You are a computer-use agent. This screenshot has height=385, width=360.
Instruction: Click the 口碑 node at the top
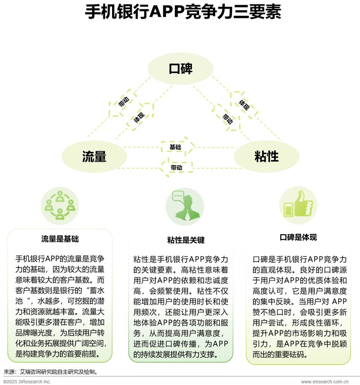click(x=180, y=68)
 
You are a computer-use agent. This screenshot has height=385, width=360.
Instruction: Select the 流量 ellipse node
click(x=94, y=156)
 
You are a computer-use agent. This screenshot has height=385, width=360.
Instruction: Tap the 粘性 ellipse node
click(x=266, y=156)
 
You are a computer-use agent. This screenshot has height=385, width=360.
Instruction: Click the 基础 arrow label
click(x=175, y=147)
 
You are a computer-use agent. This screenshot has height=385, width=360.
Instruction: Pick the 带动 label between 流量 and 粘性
click(x=176, y=168)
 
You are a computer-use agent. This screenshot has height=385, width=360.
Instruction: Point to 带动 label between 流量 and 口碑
click(x=124, y=102)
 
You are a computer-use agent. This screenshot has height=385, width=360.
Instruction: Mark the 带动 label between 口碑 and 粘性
click(x=227, y=118)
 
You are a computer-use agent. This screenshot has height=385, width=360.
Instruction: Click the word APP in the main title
click(x=167, y=12)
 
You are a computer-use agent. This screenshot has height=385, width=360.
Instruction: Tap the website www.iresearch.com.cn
click(x=328, y=381)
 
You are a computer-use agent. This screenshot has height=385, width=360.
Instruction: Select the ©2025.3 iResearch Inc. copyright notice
click(x=27, y=381)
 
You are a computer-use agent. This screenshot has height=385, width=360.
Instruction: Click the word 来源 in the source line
click(x=10, y=371)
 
